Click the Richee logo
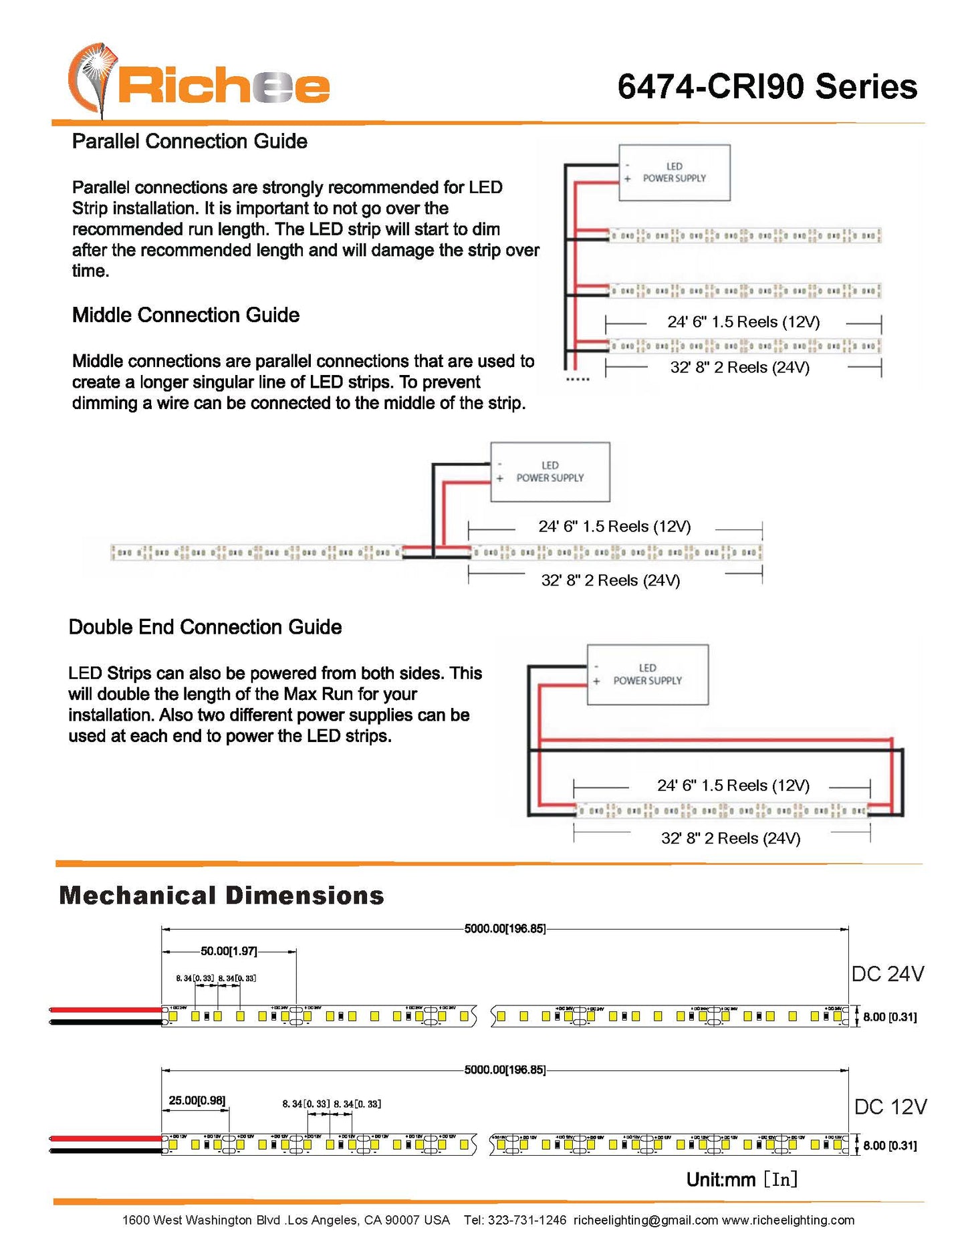click(x=199, y=82)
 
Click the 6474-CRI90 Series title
click(x=767, y=88)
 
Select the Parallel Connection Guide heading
click(x=189, y=142)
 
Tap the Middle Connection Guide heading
click(x=185, y=316)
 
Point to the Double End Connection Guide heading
click(x=205, y=627)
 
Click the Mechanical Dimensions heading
click(x=221, y=896)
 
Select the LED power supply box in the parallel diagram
click(x=674, y=172)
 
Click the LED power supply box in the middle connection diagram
click(x=550, y=472)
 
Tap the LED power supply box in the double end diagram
click(x=647, y=674)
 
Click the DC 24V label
click(x=887, y=974)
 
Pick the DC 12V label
click(x=890, y=1107)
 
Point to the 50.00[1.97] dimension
click(x=229, y=951)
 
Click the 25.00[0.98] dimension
click(x=197, y=1100)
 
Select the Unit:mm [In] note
click(x=742, y=1180)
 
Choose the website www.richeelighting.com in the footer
click(x=788, y=1220)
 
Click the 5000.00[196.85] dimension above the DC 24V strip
click(x=505, y=928)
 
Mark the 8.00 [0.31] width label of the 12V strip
click(x=889, y=1145)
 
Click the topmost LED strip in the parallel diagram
click(x=744, y=235)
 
